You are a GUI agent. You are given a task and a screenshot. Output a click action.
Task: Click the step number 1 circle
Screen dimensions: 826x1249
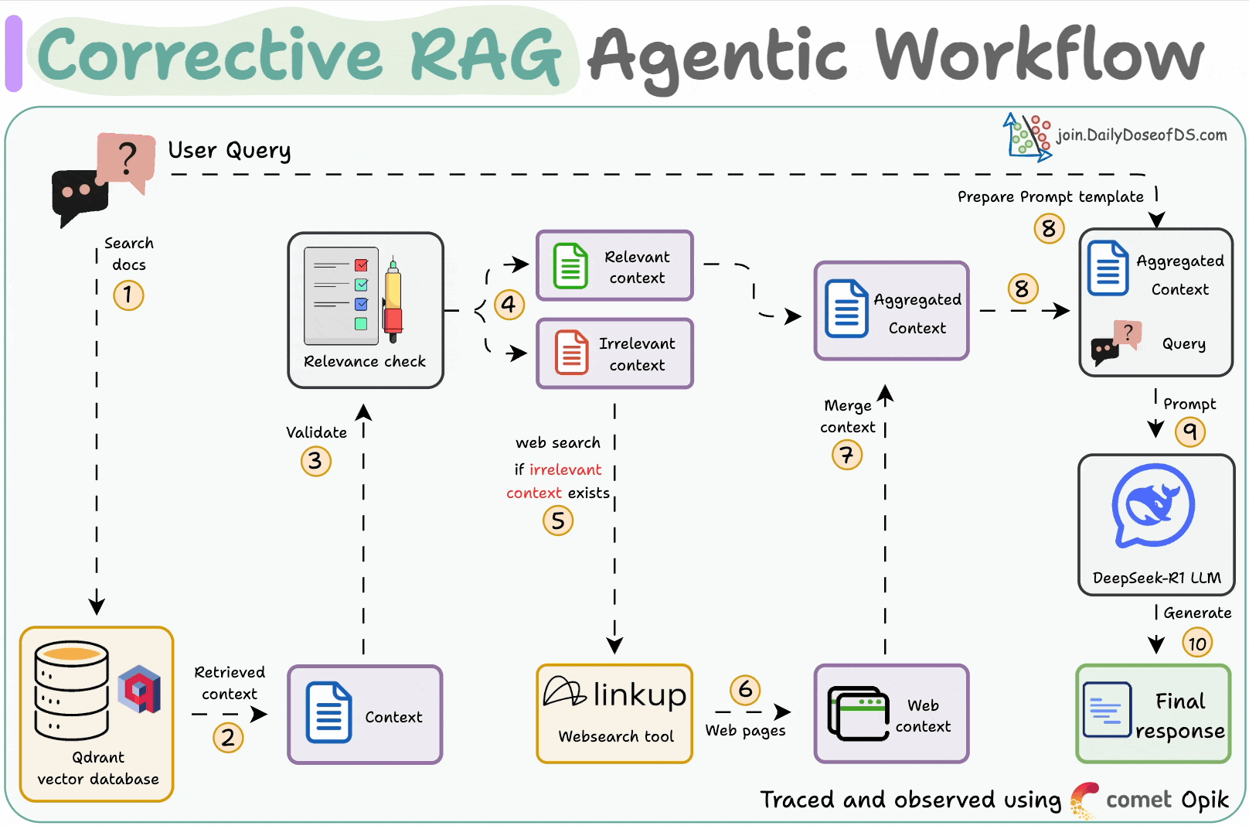(128, 295)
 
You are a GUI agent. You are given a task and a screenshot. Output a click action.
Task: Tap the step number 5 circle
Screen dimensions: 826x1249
(558, 521)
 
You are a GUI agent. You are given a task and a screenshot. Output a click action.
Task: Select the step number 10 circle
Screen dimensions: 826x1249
(1197, 643)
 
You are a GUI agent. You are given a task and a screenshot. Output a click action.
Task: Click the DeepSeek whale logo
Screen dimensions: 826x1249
(1153, 506)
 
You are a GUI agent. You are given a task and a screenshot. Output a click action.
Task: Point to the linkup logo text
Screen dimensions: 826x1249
(639, 695)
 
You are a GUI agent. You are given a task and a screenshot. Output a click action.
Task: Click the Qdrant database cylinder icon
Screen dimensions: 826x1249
(71, 691)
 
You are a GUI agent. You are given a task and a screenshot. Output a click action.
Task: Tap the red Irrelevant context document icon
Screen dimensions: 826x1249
(571, 353)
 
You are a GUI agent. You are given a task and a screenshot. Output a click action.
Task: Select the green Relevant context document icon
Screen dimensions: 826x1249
(570, 266)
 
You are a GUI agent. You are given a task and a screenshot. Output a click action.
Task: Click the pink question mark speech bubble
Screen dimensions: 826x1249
(126, 159)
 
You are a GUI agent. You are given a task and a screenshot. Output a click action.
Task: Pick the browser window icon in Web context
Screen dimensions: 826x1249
(858, 713)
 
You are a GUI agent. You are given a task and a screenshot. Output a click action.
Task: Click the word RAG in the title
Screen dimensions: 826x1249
(485, 56)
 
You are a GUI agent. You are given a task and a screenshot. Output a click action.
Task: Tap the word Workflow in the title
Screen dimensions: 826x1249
(1039, 56)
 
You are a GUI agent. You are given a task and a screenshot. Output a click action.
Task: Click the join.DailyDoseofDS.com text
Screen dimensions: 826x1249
(1142, 135)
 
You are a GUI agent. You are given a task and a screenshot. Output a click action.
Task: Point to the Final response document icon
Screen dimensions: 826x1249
(1107, 709)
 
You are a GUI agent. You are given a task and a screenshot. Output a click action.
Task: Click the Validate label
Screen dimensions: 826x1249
(316, 433)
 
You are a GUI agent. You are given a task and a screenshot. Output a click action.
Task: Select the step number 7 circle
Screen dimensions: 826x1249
(847, 455)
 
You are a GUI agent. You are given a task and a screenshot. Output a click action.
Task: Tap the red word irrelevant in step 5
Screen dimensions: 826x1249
(565, 469)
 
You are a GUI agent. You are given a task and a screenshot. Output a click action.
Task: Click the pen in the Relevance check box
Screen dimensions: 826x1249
(393, 300)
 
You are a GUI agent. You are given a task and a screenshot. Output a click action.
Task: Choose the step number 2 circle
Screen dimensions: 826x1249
(228, 737)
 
